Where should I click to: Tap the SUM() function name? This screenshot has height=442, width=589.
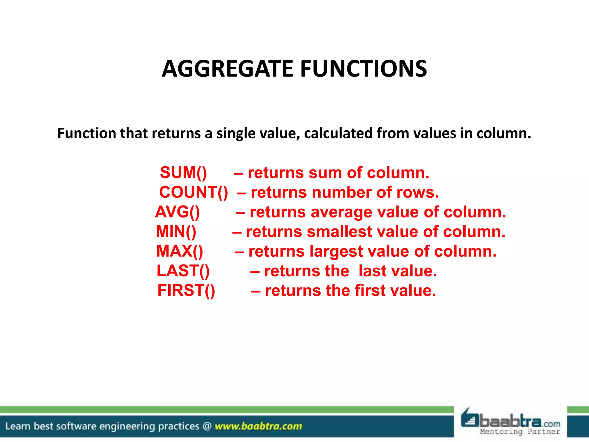click(183, 173)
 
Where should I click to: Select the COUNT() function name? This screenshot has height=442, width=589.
click(194, 192)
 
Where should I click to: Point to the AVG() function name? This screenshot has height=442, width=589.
click(177, 212)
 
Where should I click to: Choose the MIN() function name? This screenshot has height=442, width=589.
click(176, 232)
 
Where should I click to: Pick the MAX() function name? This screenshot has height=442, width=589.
click(179, 251)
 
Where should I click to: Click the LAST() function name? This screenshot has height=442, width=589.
click(183, 271)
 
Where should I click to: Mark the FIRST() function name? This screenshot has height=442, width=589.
click(186, 291)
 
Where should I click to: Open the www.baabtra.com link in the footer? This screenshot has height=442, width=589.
click(258, 426)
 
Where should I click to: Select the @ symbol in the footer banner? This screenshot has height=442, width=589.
click(207, 426)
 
